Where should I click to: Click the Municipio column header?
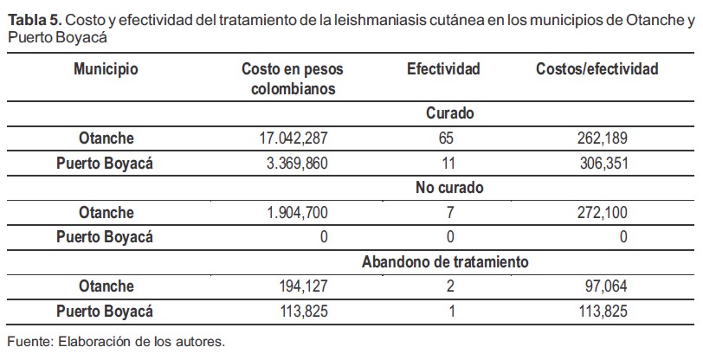[106, 69]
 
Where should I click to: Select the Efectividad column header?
[443, 69]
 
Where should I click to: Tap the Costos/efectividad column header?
[597, 69]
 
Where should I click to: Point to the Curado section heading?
[449, 113]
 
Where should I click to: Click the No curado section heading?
[448, 188]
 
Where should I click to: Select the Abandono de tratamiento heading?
[445, 261]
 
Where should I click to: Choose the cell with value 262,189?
[602, 138]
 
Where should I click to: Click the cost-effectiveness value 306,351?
[602, 163]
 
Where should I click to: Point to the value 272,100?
[602, 212]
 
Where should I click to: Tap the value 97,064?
[604, 286]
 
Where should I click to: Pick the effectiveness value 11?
[443, 163]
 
